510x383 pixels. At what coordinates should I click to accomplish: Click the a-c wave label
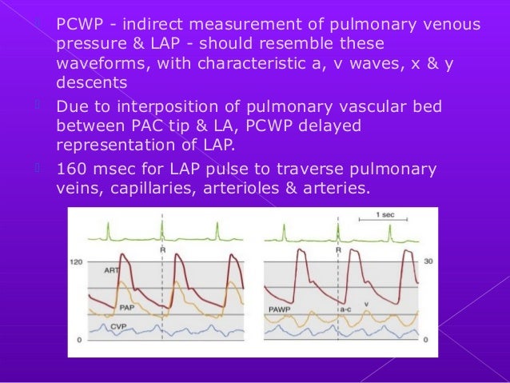347,306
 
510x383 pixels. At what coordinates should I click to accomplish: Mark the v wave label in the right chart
366,304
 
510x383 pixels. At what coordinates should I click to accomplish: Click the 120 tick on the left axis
77,261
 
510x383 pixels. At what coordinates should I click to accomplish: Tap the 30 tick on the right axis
428,261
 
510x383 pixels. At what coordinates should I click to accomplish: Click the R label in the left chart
162,249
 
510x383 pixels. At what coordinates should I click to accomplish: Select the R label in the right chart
338,249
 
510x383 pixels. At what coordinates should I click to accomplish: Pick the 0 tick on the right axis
424,341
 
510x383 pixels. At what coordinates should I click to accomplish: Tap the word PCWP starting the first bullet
78,25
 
